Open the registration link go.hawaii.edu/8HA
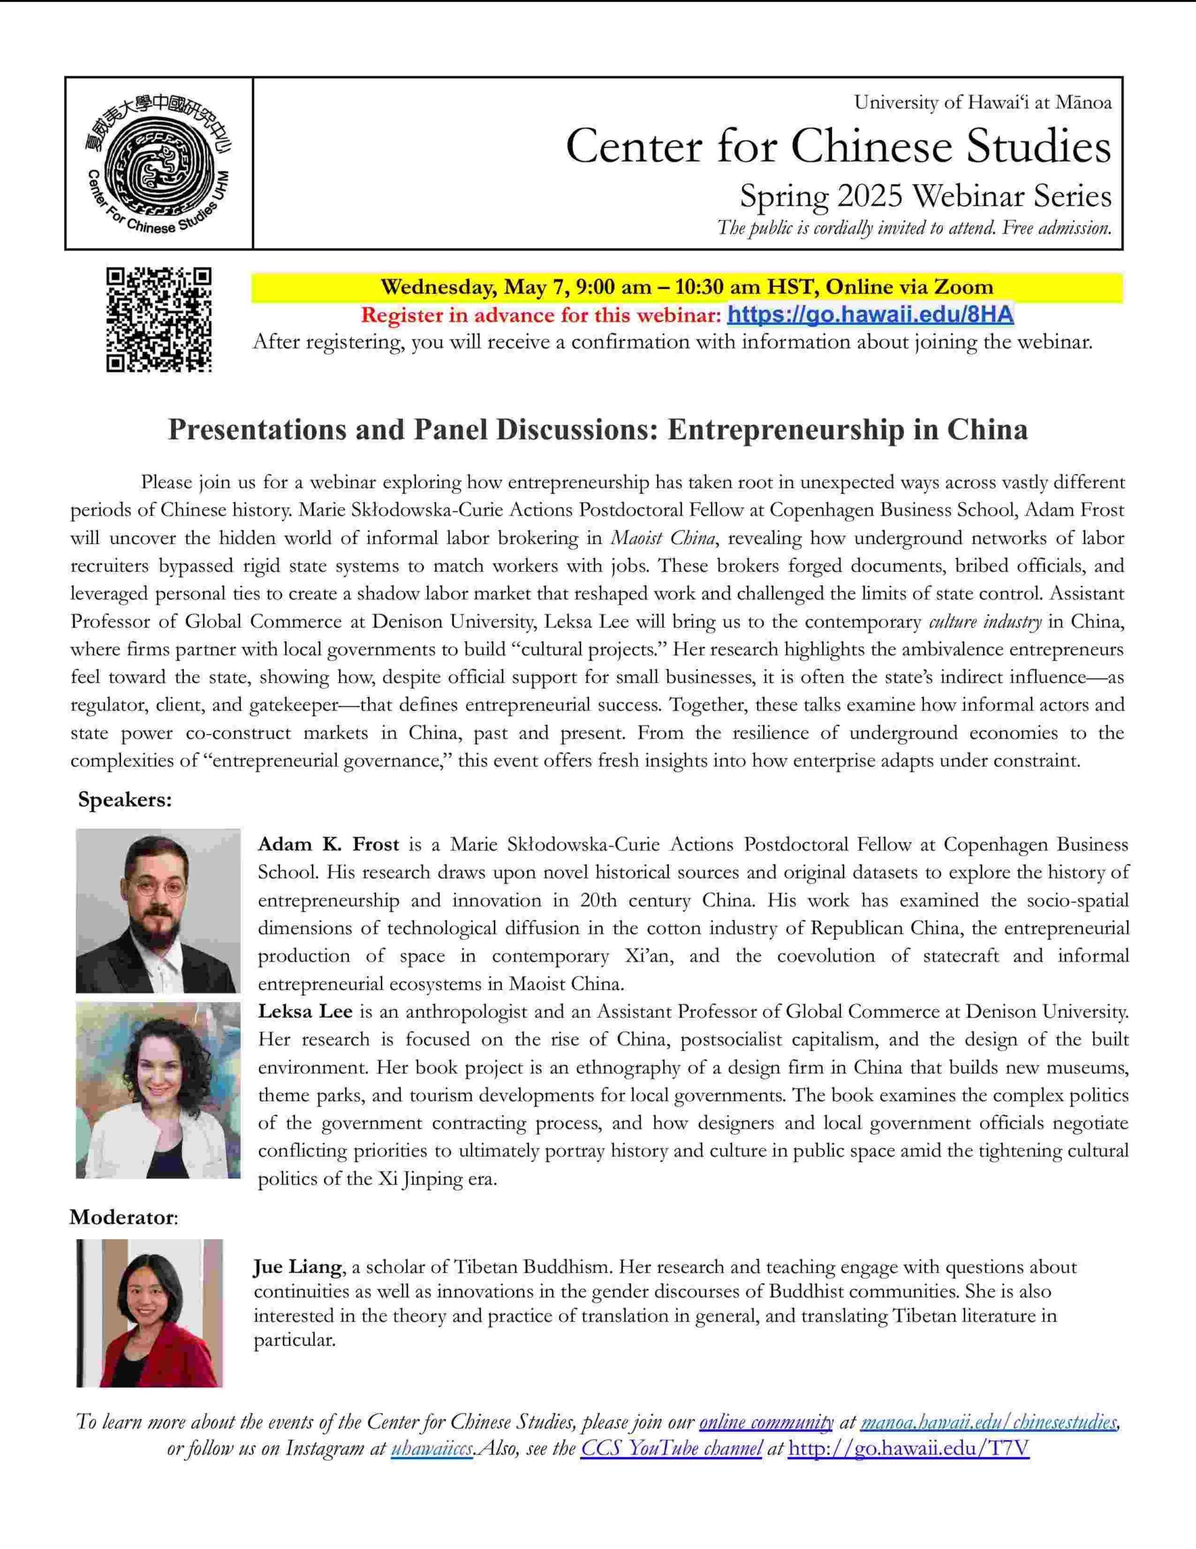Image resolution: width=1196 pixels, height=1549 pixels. point(870,315)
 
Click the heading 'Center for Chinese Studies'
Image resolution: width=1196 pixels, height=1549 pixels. point(838,147)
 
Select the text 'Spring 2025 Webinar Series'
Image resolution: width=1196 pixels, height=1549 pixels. point(925,196)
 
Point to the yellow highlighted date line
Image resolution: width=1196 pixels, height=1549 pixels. point(686,287)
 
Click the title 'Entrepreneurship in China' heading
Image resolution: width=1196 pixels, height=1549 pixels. point(597,430)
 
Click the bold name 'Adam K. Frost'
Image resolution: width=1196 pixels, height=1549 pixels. point(328,845)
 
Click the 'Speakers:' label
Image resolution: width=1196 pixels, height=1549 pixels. point(125,800)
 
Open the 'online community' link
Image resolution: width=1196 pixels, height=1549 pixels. point(765,1421)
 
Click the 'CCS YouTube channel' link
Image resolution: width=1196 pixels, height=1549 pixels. point(671,1449)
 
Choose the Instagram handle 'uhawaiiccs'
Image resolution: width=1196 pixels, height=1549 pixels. point(432,1449)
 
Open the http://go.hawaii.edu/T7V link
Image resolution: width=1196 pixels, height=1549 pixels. point(908,1449)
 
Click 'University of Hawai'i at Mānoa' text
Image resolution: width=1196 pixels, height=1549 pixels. point(983,103)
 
